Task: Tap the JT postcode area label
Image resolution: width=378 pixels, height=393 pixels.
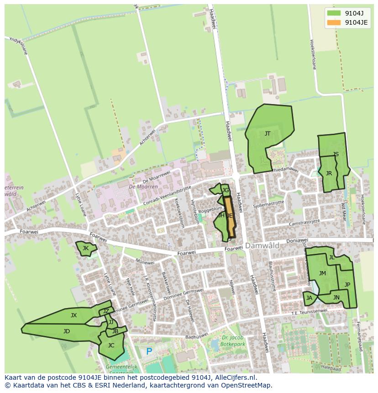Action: [268, 133]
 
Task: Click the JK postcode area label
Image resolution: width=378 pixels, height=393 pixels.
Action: [85, 248]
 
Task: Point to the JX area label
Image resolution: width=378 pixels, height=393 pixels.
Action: [73, 315]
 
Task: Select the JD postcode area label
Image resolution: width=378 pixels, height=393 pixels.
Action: [67, 331]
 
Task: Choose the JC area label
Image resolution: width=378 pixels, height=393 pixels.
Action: [111, 346]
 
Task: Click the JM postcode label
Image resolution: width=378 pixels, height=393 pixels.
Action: [322, 273]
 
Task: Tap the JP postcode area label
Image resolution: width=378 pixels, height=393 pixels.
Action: [347, 284]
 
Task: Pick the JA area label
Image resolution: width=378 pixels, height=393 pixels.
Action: [310, 298]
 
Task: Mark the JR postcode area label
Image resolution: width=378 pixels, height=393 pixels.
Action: [329, 173]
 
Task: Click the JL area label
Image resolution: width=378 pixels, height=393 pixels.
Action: [332, 257]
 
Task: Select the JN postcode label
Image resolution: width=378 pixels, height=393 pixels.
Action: [336, 298]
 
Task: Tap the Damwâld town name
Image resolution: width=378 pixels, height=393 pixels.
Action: [262, 246]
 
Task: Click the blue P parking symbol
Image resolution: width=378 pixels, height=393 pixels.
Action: [149, 351]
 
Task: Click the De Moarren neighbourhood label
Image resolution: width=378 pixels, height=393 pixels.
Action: [143, 187]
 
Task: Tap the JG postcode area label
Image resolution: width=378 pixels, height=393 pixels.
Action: [225, 190]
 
